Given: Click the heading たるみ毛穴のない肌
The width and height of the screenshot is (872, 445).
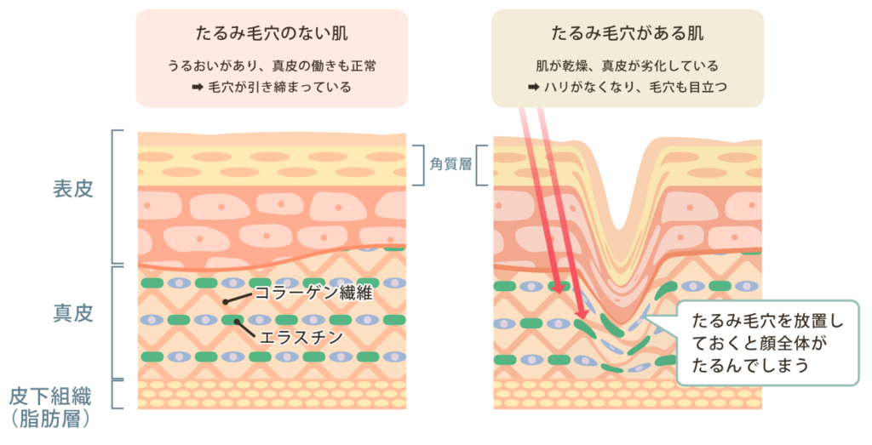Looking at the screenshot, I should (x=271, y=34).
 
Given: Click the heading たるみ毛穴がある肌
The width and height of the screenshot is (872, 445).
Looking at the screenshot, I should (x=627, y=34).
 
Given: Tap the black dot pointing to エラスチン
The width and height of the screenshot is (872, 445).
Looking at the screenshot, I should (x=238, y=322).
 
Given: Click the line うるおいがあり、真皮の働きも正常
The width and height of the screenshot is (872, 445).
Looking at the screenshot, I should (x=271, y=66).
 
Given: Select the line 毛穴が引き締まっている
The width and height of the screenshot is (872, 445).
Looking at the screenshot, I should (x=279, y=87).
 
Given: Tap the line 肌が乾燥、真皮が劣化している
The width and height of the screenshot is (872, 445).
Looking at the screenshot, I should (x=627, y=66).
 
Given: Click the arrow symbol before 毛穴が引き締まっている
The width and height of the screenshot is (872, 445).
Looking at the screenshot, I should (x=197, y=87).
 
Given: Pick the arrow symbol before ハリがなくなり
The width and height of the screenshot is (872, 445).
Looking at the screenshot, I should (x=532, y=87).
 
